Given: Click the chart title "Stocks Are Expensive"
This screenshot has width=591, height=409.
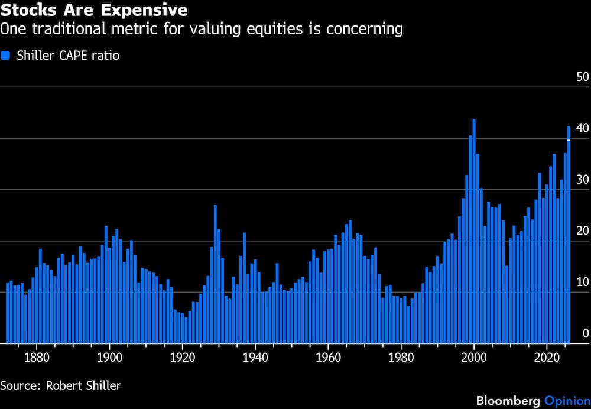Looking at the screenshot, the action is [x=94, y=10].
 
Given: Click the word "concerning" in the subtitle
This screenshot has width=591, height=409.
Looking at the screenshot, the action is [x=365, y=29].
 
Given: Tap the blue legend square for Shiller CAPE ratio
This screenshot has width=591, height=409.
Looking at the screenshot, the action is [x=5, y=56].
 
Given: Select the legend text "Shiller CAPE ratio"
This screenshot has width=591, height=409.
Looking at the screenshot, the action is [x=68, y=56].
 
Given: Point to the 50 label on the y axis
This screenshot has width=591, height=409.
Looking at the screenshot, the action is [x=582, y=77].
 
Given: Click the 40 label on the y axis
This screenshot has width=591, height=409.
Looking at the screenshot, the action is [x=582, y=128].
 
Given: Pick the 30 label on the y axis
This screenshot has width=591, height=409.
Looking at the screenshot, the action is [x=582, y=180].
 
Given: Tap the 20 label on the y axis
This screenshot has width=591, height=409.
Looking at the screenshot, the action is [x=582, y=231].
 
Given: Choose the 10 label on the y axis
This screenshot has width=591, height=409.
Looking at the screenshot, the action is [x=582, y=282].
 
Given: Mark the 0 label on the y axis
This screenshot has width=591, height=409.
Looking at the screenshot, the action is [x=585, y=333].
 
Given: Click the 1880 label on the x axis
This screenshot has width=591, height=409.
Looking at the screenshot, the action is [x=37, y=358].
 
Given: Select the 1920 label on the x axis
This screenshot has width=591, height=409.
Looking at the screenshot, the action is [x=183, y=358].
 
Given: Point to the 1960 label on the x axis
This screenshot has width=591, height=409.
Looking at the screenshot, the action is [x=328, y=358].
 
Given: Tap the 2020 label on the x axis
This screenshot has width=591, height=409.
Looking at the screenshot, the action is [x=547, y=358].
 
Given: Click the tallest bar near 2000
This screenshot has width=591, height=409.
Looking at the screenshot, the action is [x=474, y=231].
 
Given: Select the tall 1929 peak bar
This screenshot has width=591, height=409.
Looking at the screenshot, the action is [x=215, y=274].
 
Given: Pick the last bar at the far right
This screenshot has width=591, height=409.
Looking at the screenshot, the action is [x=569, y=235].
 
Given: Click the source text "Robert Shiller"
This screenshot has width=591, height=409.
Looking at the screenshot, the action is [x=83, y=385].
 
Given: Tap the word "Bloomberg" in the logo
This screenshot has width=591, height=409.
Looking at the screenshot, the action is [x=508, y=401].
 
